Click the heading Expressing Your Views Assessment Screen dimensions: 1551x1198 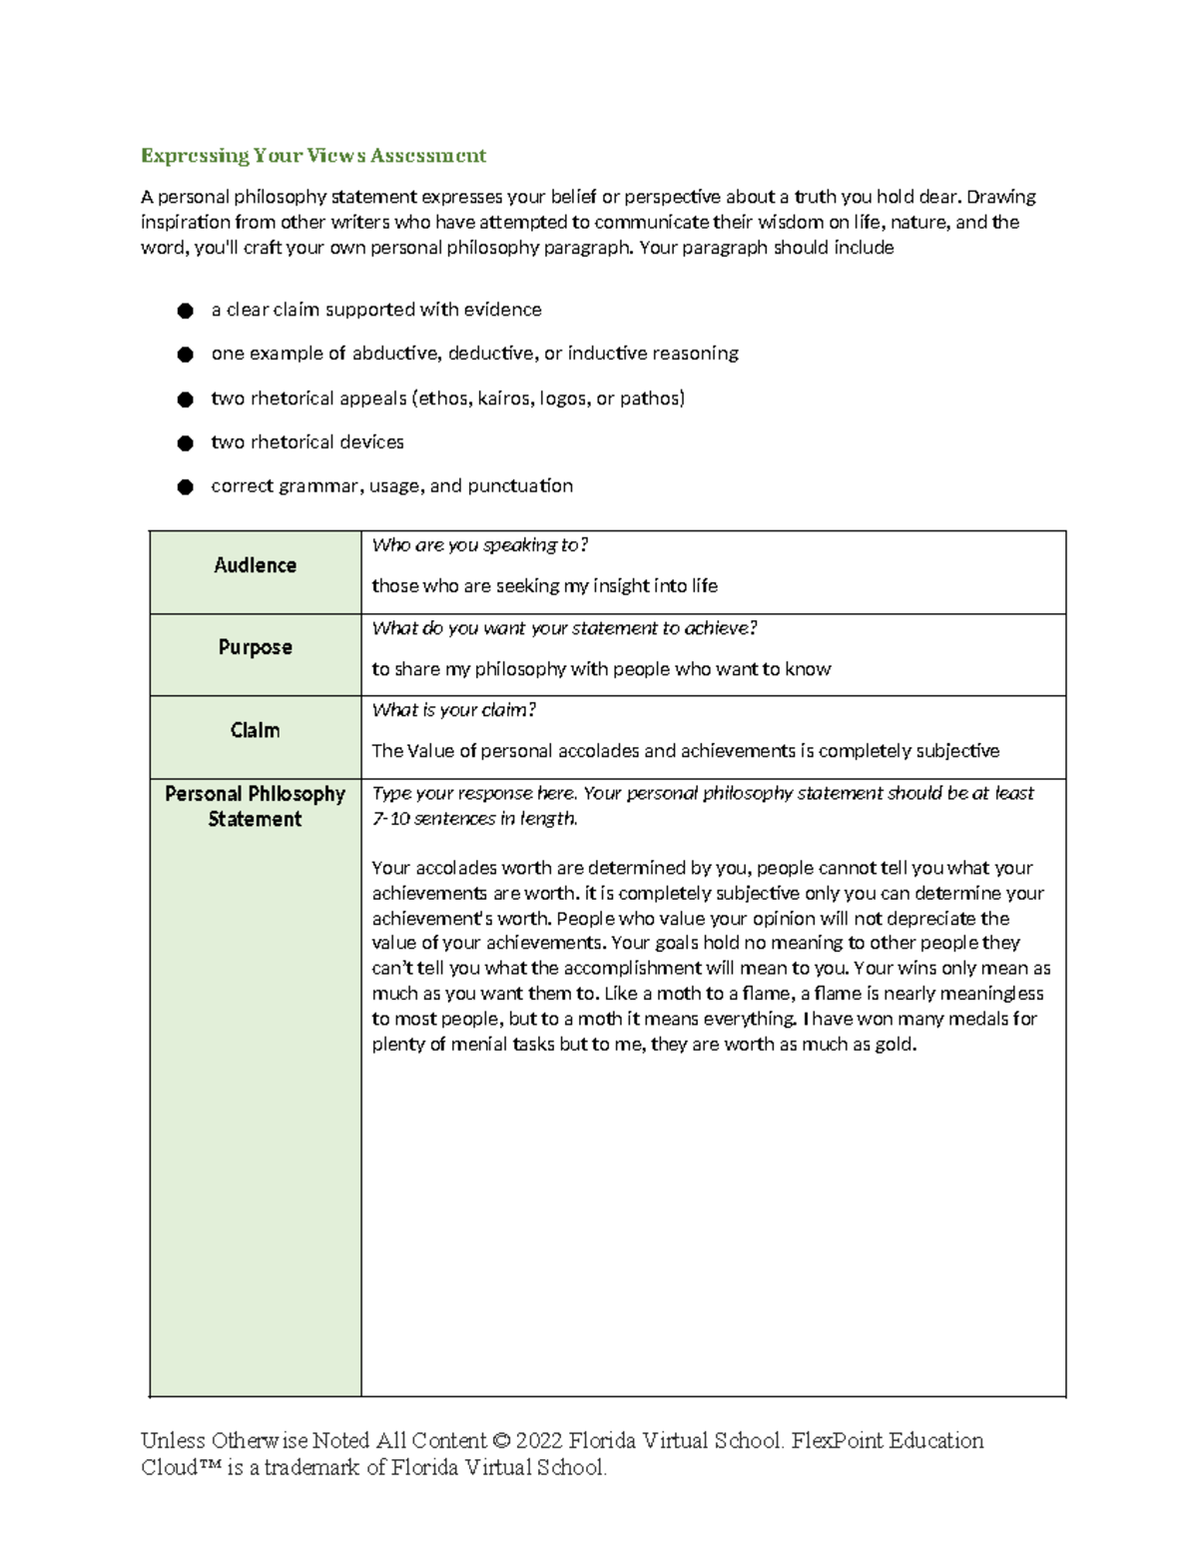[x=312, y=155]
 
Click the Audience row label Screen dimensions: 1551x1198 [x=255, y=565]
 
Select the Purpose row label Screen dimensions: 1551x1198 [x=255, y=647]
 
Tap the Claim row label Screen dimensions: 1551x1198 [x=255, y=730]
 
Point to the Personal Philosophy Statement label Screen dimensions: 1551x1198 [x=255, y=806]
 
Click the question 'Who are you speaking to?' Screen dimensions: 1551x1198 [x=479, y=545]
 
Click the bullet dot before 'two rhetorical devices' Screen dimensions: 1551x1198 [x=185, y=442]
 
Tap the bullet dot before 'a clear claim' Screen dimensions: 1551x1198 [x=185, y=311]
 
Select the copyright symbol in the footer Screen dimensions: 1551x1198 [x=501, y=1440]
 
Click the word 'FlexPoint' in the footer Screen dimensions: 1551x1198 [x=837, y=1440]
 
